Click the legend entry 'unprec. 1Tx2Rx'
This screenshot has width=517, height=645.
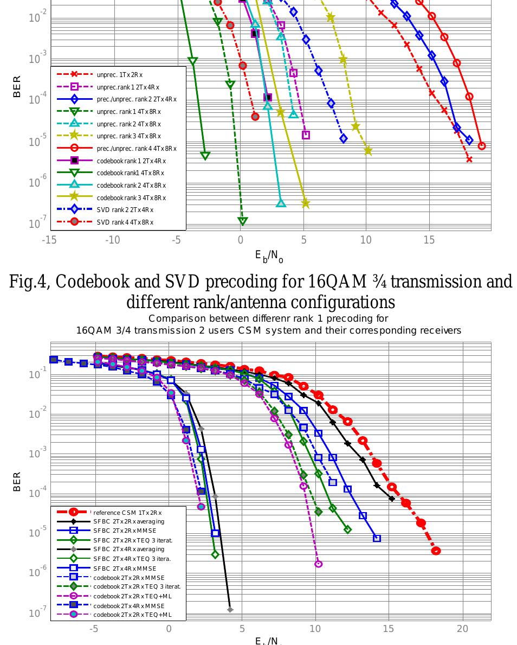point(120,74)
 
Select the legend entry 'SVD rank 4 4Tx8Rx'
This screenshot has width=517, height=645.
point(125,222)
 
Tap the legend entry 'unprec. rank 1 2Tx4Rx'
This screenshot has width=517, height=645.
point(128,87)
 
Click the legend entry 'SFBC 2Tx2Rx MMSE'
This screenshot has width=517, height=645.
point(125,531)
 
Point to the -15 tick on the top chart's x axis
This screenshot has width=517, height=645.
point(49,240)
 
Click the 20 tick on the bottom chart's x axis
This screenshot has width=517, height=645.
point(462,629)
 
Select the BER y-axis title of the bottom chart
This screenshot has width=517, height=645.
point(17,481)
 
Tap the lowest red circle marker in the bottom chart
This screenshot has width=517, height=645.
point(436,551)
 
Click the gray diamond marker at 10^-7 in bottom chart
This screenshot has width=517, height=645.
point(230,610)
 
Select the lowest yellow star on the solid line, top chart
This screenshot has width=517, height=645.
point(305,203)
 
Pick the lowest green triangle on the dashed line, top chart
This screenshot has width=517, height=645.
point(243,221)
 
